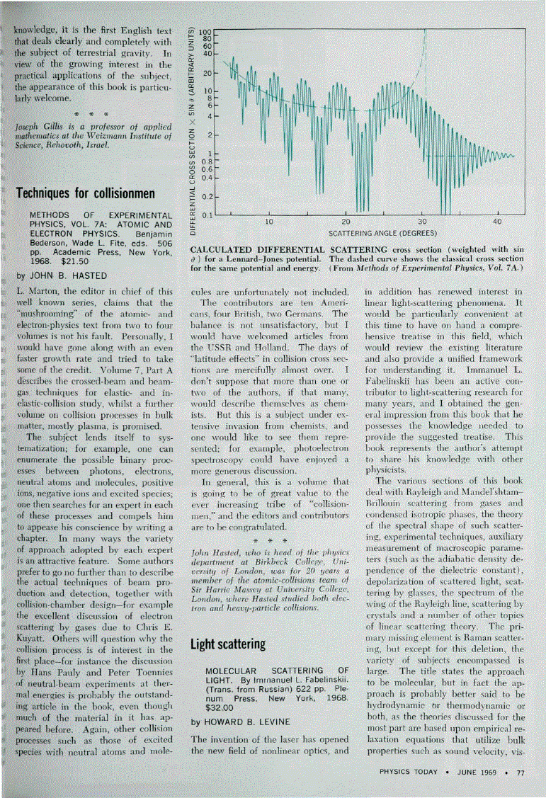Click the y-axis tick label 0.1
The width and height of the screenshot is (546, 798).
click(x=207, y=215)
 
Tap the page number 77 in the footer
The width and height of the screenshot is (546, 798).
click(x=521, y=773)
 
